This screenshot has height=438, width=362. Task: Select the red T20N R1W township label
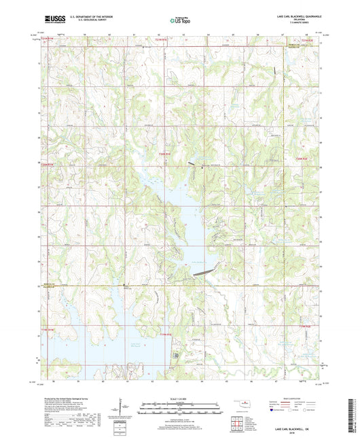tap(46, 164)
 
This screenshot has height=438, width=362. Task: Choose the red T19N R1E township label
tap(166, 335)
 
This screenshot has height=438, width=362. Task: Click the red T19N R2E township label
tap(304, 327)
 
